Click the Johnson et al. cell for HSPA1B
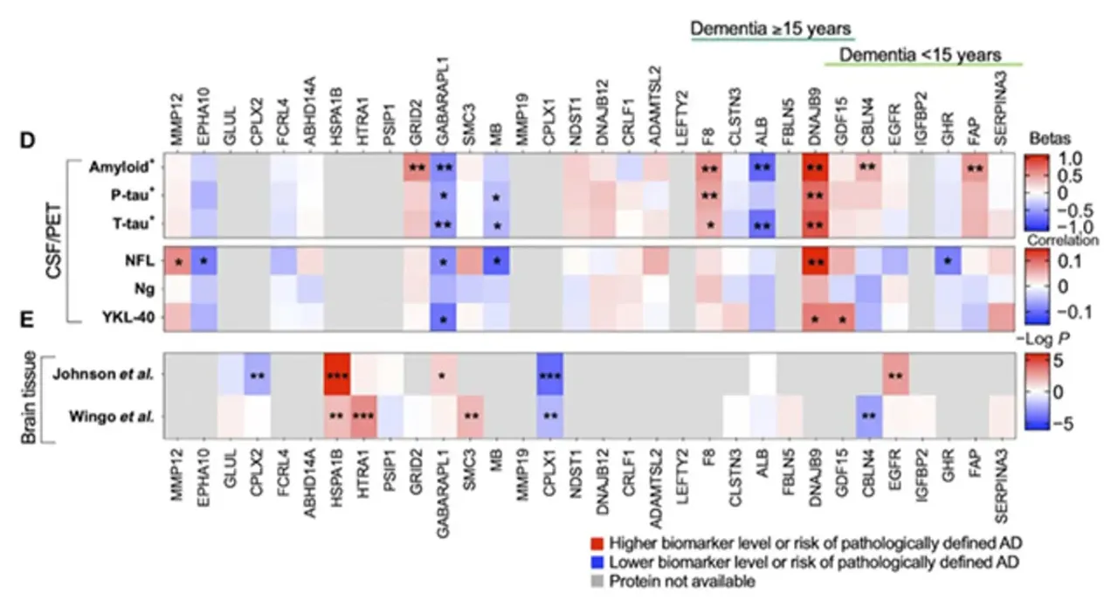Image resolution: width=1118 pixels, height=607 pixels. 337,375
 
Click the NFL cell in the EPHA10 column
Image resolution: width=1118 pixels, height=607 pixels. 204,261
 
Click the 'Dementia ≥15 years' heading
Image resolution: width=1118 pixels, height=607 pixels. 772,30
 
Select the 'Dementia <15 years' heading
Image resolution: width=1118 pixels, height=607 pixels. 920,55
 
